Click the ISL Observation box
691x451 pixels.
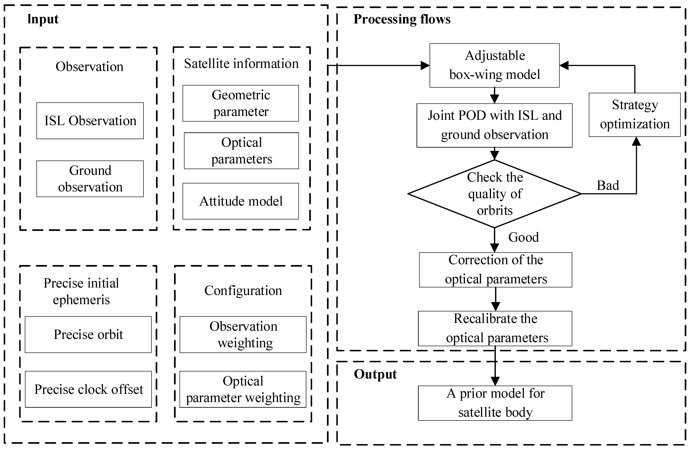[x=90, y=121]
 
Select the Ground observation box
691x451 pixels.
[x=90, y=179]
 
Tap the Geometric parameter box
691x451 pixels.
[x=241, y=103]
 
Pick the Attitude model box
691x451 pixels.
[x=241, y=201]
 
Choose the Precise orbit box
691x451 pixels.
[x=88, y=334]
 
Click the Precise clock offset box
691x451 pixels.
[x=88, y=389]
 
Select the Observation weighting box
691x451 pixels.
[x=243, y=334]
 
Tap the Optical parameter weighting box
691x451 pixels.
[x=243, y=389]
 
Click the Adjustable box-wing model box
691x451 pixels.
[x=494, y=65]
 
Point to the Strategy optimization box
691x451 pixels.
[x=635, y=115]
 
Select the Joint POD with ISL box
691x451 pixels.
[x=494, y=125]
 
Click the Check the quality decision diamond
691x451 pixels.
[x=494, y=194]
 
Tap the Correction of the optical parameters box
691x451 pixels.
[x=496, y=270]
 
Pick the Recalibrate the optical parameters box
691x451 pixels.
[x=495, y=328]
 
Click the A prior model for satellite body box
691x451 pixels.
[x=495, y=403]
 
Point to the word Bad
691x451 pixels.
[x=608, y=185]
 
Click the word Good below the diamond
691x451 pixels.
[x=523, y=237]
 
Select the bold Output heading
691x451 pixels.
[x=375, y=374]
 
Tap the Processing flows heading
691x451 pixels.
[x=402, y=19]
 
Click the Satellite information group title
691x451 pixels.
[x=241, y=63]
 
